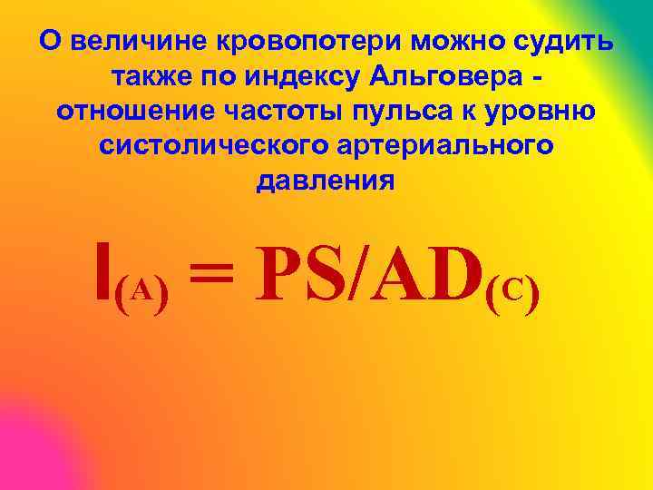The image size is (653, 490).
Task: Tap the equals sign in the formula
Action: click(x=214, y=278)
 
